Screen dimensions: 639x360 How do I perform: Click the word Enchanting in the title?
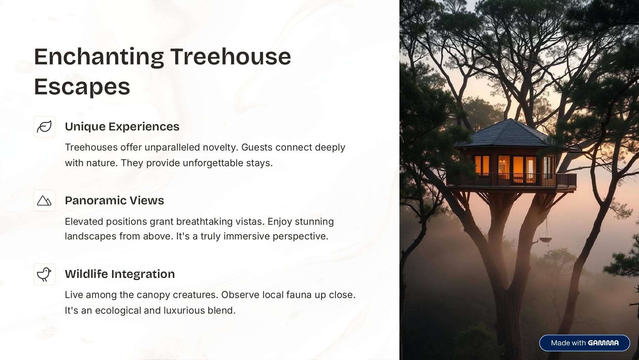[x=99, y=57]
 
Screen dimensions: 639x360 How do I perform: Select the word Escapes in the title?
[x=82, y=86]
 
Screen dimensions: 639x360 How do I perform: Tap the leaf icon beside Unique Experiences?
[x=44, y=127]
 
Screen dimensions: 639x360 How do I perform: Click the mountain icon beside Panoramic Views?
[x=44, y=201]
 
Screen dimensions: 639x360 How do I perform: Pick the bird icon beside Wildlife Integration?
[x=44, y=275]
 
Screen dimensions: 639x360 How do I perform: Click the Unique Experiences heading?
[x=122, y=127]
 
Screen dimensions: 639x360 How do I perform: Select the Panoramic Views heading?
[x=115, y=200]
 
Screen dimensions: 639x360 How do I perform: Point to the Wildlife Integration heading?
[x=120, y=274]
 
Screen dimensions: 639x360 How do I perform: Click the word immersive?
[x=247, y=236]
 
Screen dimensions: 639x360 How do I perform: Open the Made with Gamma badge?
[x=584, y=343]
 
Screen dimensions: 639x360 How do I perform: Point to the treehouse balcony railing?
[x=511, y=180]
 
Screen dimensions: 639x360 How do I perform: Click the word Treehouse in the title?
[x=230, y=57]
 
